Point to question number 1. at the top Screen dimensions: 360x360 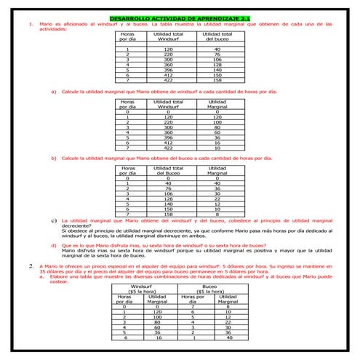click(30, 23)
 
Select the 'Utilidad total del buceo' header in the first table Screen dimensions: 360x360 click(217, 37)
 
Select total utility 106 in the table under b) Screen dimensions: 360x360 click(169, 193)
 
